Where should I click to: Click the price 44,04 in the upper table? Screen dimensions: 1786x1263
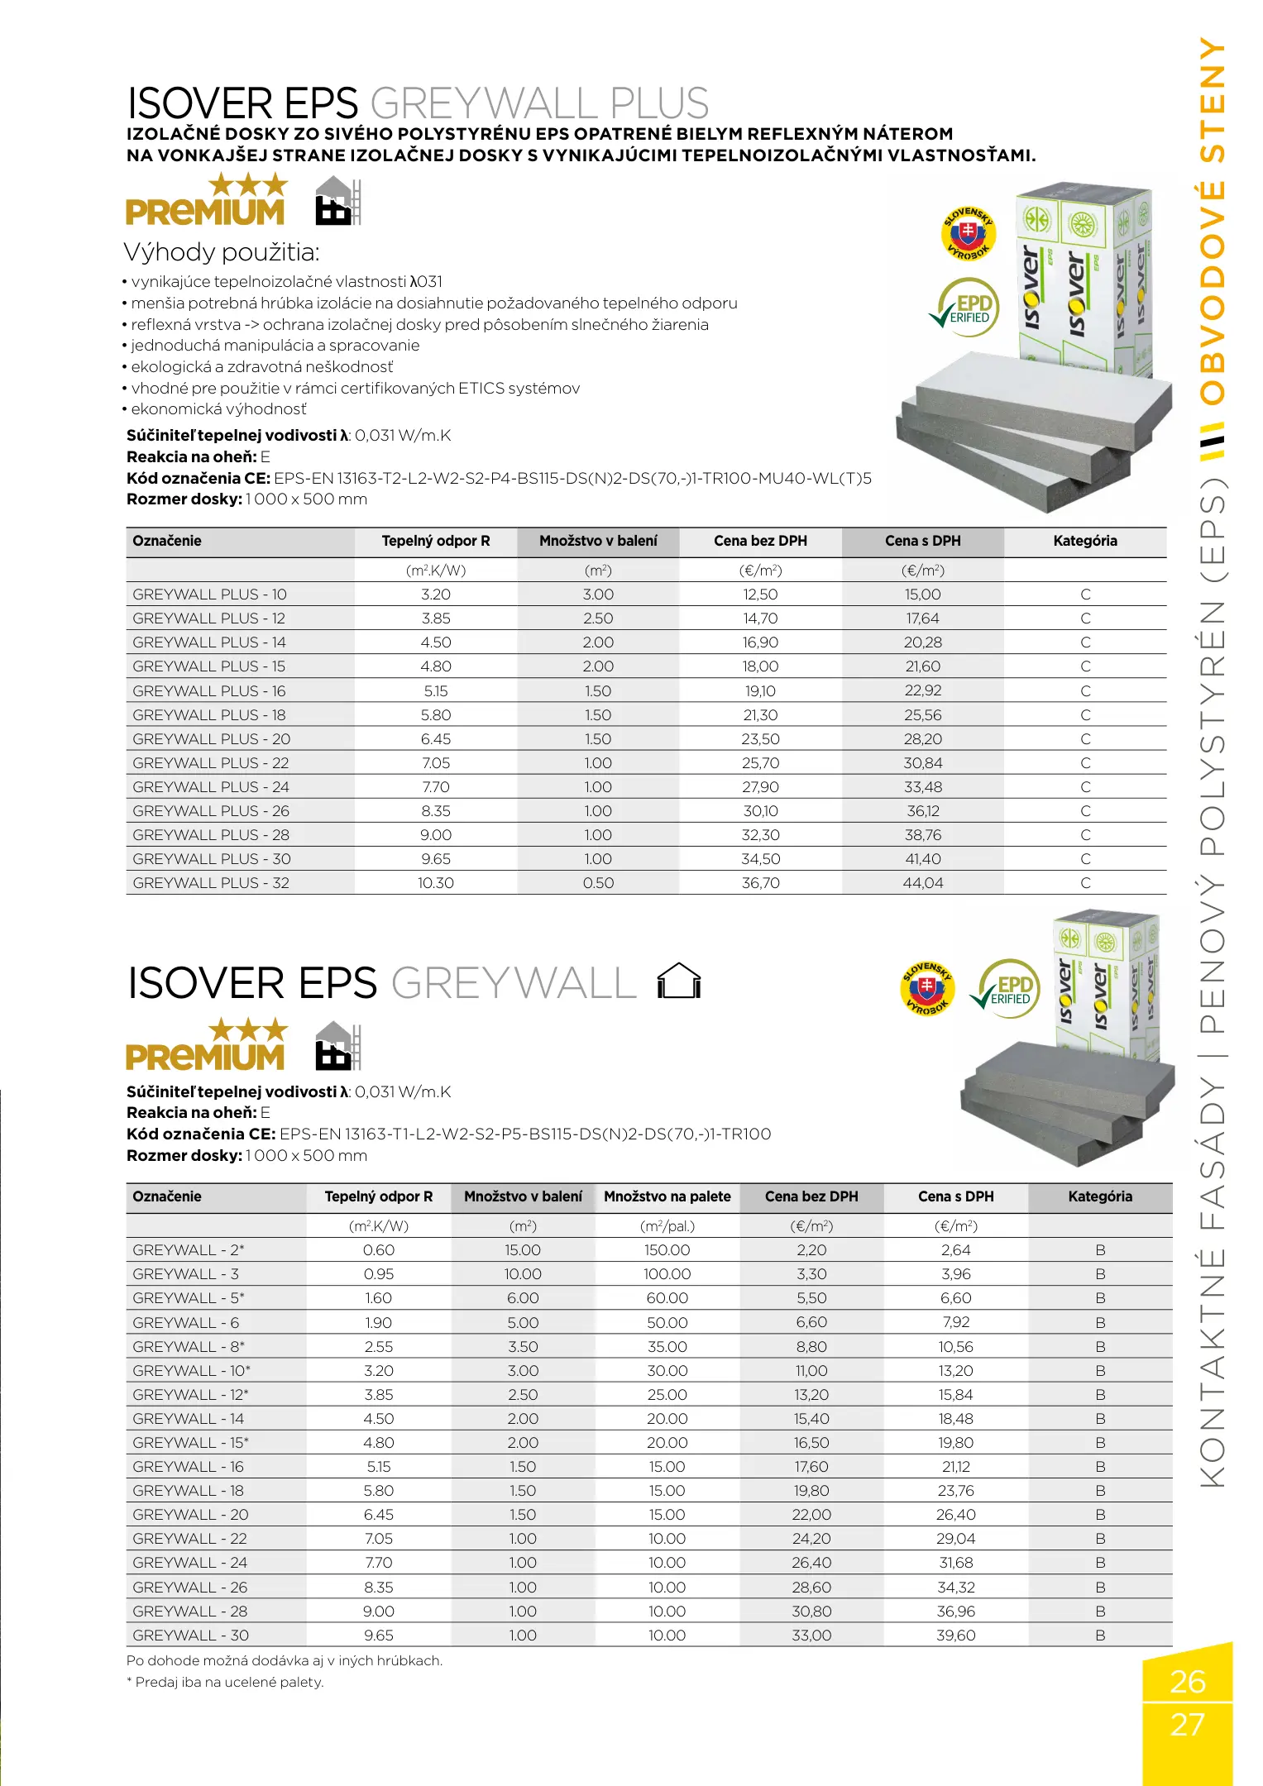[922, 883]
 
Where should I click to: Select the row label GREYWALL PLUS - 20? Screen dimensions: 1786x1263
[211, 739]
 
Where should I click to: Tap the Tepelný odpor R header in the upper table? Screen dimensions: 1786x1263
[436, 542]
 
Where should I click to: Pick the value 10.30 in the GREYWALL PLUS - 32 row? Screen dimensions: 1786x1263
[436, 883]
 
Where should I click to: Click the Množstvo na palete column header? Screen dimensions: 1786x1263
[667, 1196]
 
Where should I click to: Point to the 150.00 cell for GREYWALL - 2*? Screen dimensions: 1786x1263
[667, 1250]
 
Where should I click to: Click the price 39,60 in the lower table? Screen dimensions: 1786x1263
[955, 1636]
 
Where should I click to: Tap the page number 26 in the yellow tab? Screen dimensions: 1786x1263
[1187, 1681]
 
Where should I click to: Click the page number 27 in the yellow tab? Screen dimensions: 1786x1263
[1187, 1725]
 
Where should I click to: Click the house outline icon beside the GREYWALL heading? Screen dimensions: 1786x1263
[679, 981]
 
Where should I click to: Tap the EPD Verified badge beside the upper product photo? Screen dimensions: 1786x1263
[965, 308]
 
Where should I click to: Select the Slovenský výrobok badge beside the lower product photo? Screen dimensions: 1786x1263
[927, 988]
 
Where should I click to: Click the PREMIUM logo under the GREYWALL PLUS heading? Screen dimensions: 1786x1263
[206, 201]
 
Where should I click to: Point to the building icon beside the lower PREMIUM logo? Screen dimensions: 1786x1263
[338, 1046]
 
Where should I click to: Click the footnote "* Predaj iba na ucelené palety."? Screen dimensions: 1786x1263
[225, 1682]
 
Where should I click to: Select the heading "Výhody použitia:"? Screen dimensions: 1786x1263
[222, 252]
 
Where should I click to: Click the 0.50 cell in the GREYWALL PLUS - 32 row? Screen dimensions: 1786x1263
[598, 883]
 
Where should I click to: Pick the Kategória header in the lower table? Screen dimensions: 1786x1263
[1099, 1196]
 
